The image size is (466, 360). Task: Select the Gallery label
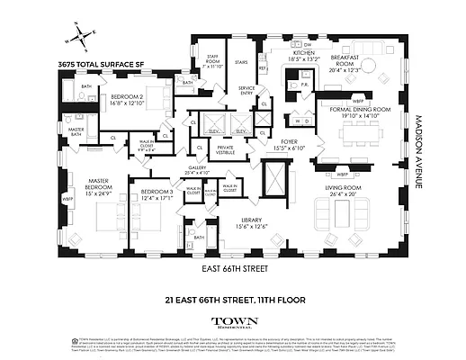coord(197,168)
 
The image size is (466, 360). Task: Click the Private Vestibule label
coord(225,149)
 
